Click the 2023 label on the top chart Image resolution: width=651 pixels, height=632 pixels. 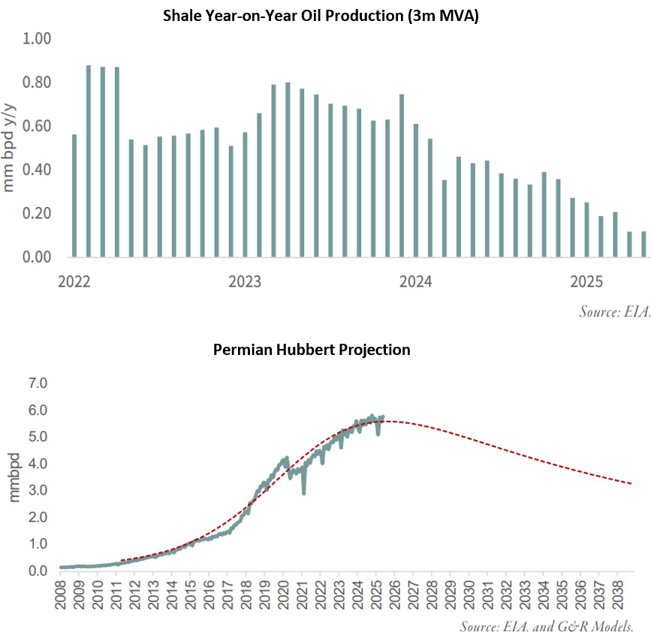(x=245, y=282)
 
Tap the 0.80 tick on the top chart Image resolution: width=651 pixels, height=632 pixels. (x=38, y=82)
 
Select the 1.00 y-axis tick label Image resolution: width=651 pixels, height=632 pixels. (x=38, y=38)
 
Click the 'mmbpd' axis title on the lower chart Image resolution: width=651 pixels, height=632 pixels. (x=15, y=478)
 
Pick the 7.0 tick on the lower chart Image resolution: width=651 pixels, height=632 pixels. (x=38, y=384)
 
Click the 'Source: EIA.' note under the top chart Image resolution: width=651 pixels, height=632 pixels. (x=613, y=310)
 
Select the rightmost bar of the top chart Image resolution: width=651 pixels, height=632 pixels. (x=643, y=244)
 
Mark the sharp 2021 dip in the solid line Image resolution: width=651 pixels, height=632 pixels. (x=303, y=492)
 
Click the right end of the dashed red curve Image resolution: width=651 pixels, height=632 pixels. (x=631, y=483)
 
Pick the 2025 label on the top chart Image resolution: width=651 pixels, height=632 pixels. (x=586, y=282)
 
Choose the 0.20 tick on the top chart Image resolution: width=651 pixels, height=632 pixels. (x=38, y=213)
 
